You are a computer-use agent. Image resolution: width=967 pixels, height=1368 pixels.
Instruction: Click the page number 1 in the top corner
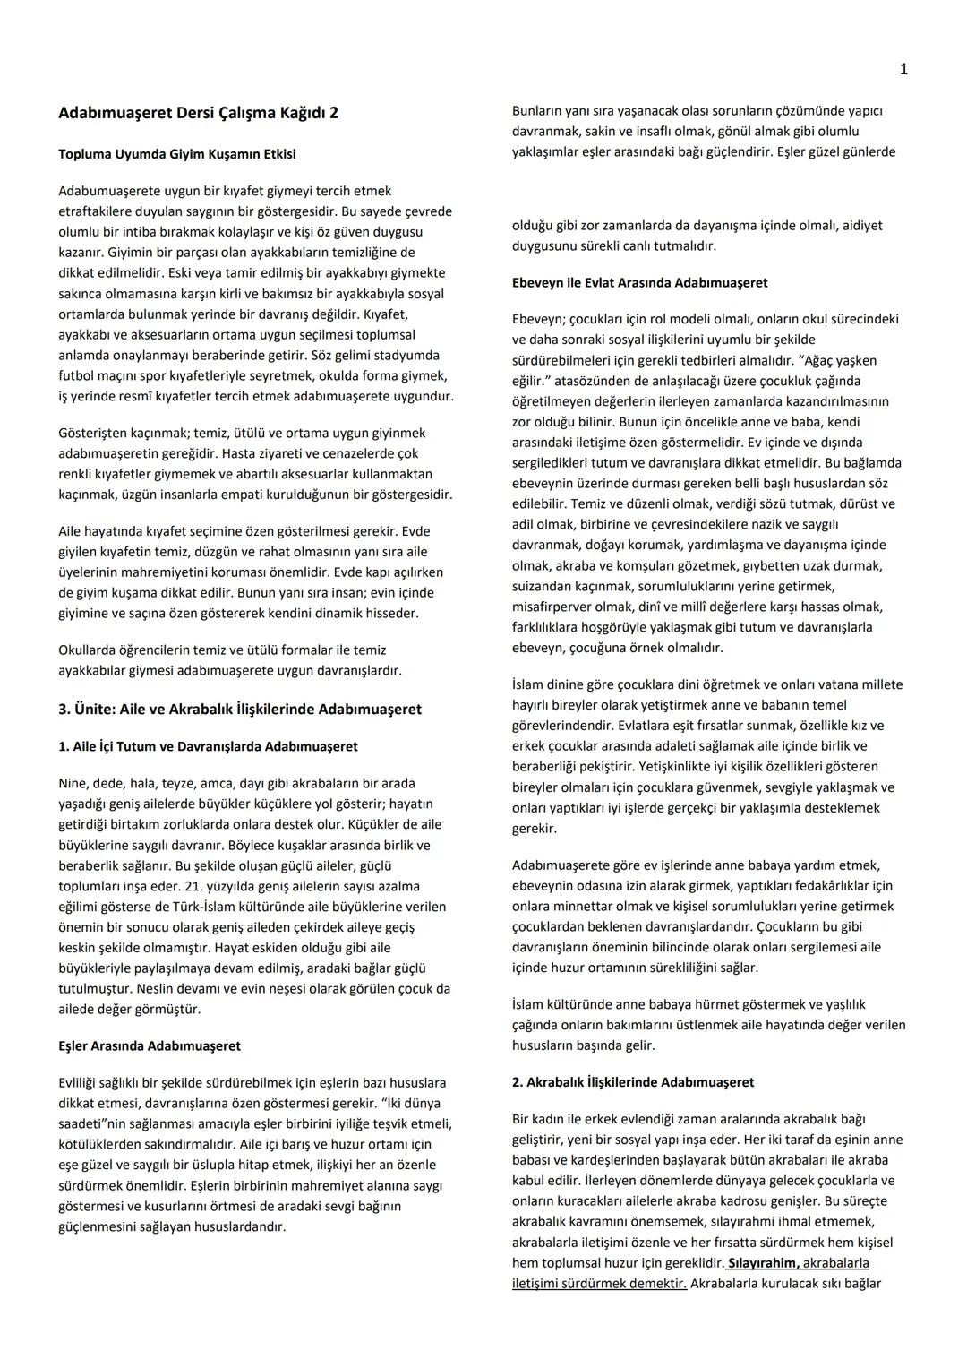[903, 69]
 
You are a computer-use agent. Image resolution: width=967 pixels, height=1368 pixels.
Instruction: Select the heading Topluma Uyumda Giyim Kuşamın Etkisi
[176, 154]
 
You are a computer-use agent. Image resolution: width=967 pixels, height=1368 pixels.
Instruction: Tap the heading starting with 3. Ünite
[239, 709]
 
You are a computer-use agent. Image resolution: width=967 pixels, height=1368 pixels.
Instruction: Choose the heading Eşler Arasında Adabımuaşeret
[149, 1045]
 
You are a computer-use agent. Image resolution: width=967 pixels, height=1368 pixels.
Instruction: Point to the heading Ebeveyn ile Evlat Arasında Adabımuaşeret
[639, 282]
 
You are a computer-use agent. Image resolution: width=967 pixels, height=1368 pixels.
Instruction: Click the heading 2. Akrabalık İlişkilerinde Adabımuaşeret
[632, 1082]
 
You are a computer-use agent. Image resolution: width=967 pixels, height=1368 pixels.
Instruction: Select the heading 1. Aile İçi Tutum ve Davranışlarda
[208, 746]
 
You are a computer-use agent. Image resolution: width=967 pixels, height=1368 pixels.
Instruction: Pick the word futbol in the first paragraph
[75, 375]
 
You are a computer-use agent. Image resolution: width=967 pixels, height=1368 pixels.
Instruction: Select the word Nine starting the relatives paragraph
[72, 783]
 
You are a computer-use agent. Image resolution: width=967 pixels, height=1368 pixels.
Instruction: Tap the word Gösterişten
[92, 433]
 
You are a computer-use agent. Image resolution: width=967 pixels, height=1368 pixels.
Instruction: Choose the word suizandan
[539, 586]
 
